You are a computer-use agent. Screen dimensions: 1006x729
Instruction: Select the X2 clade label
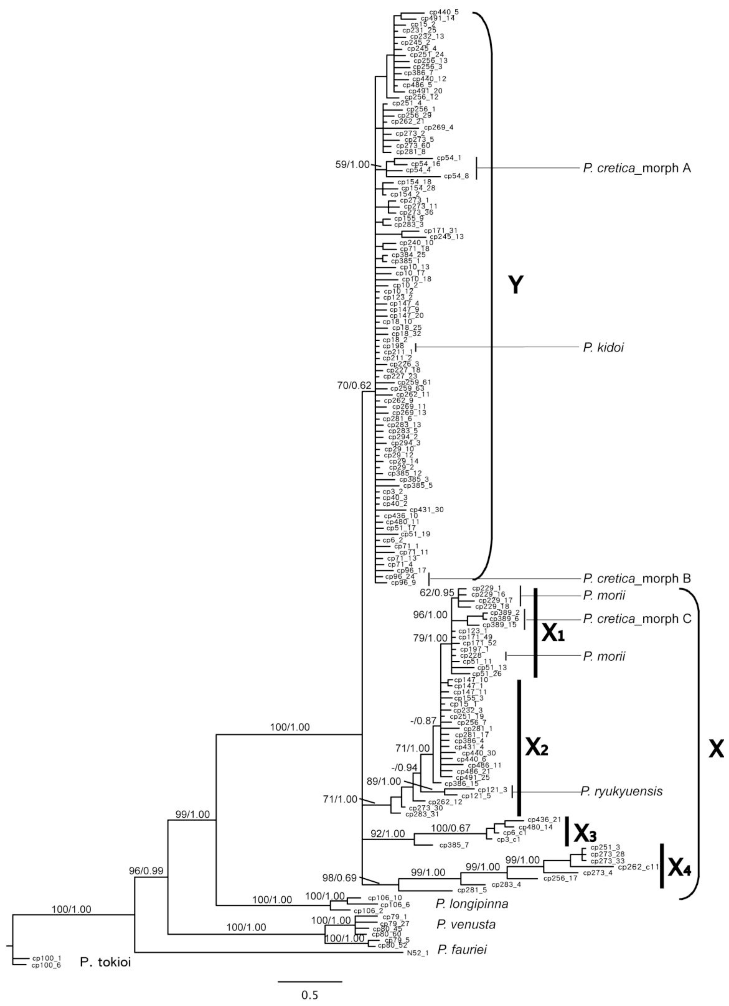537,748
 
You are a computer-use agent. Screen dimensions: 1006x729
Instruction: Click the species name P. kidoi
604,347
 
